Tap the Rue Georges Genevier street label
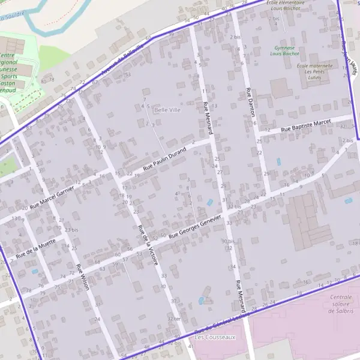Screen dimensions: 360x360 click(195, 226)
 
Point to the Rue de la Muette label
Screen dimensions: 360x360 click(36, 247)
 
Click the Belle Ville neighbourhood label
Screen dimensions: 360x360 click(167, 110)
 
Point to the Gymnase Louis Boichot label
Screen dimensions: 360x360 click(284, 50)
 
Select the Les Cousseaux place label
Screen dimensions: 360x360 click(215, 337)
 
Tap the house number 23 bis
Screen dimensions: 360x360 click(71, 230)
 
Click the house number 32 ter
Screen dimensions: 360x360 click(174, 319)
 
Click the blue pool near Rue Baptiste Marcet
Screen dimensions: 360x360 click(278, 161)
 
